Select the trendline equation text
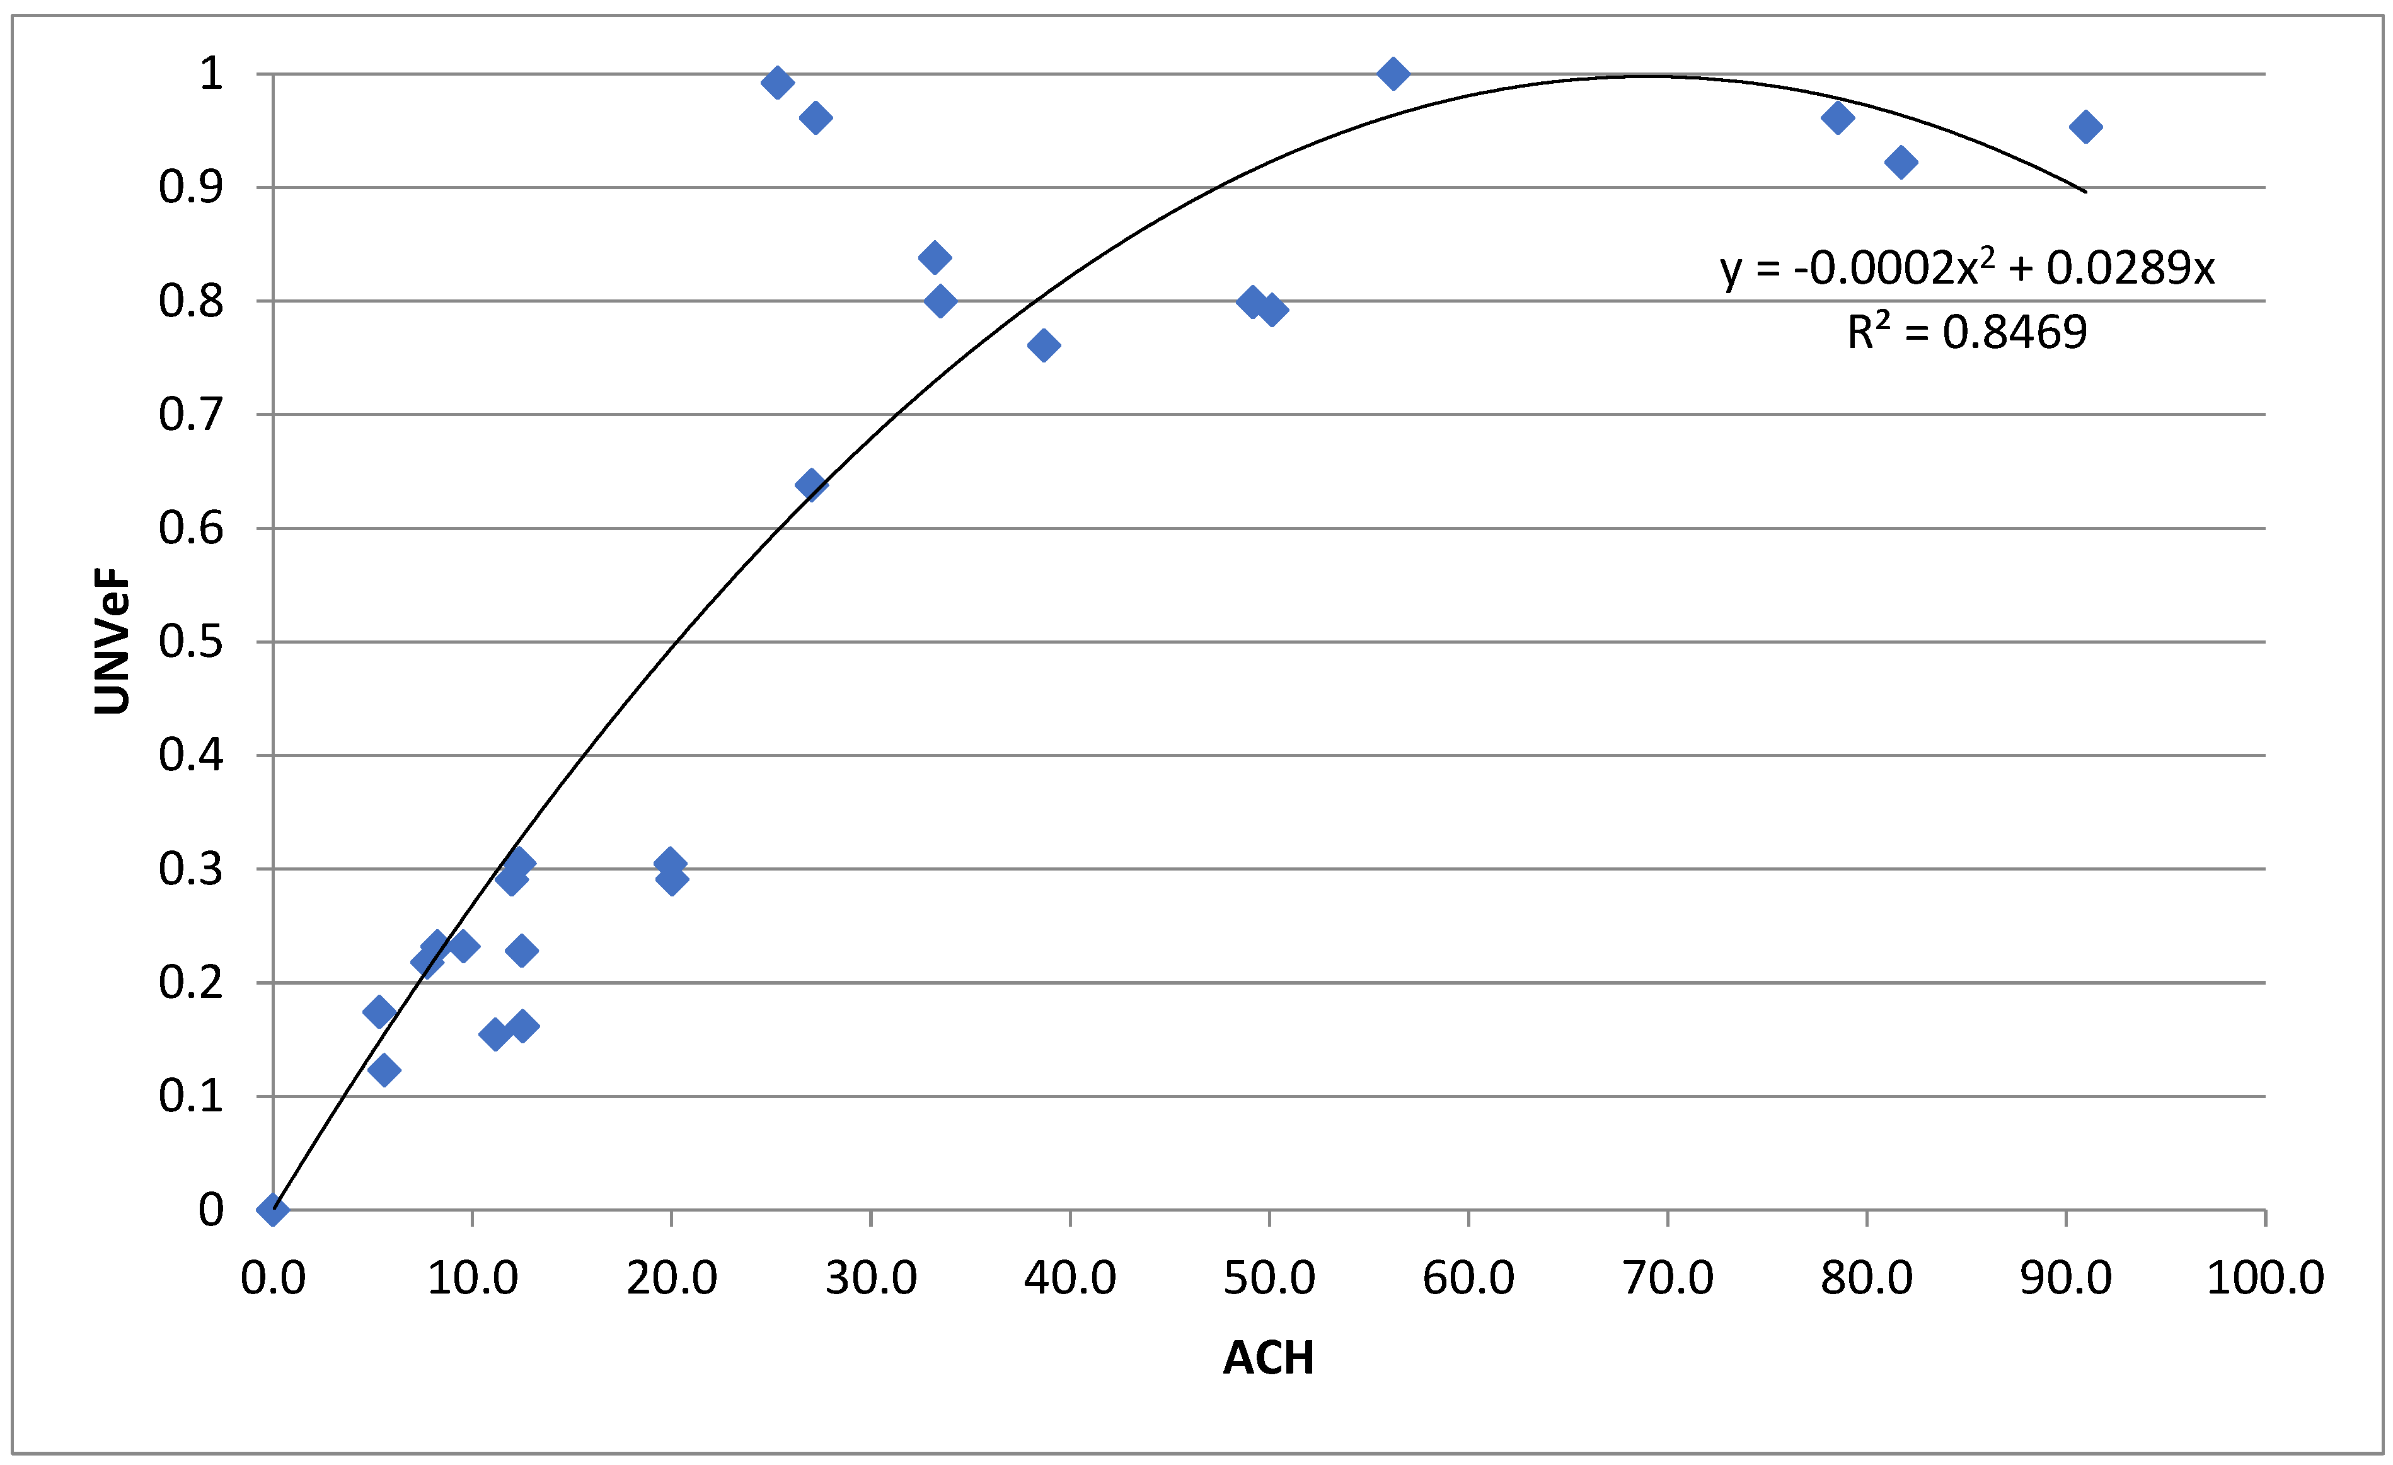tap(1967, 268)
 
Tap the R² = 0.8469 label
tap(1967, 332)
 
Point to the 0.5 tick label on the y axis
tap(192, 642)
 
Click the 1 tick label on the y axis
tap(210, 74)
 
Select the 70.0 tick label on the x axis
tap(1668, 1278)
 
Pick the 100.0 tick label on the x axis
tap(2265, 1278)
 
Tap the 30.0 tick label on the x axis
tap(870, 1278)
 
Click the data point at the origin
tap(273, 1210)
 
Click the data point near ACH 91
tap(2085, 127)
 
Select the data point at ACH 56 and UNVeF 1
tap(1393, 74)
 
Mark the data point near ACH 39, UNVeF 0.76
tap(1043, 346)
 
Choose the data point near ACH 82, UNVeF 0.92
tap(1901, 162)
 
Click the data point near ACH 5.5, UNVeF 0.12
tap(384, 1070)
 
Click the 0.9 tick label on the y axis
tap(192, 187)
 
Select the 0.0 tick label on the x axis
tap(273, 1278)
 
